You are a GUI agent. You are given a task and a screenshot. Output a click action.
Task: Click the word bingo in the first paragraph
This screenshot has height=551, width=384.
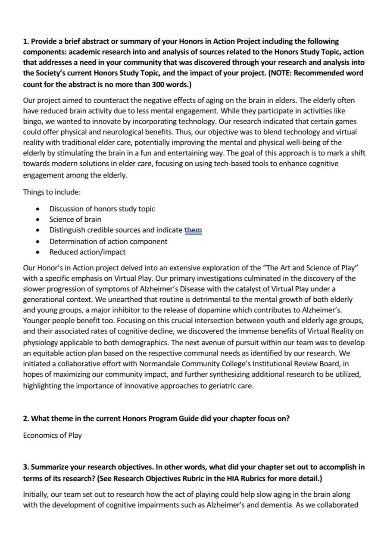(x=33, y=121)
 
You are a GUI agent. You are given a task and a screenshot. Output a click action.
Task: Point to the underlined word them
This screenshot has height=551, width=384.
(x=193, y=230)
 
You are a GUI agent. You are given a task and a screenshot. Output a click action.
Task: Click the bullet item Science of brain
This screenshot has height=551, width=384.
(x=75, y=219)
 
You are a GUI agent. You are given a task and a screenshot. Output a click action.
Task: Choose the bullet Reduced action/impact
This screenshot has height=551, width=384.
(x=87, y=252)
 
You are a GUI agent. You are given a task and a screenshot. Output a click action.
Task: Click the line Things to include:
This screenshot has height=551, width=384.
(x=52, y=192)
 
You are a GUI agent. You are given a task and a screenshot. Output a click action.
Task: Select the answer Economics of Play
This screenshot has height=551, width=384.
(x=52, y=435)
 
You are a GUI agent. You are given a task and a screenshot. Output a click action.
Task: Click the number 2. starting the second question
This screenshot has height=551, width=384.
(x=26, y=418)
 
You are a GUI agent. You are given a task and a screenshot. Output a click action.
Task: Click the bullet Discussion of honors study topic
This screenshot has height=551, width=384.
(x=102, y=209)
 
